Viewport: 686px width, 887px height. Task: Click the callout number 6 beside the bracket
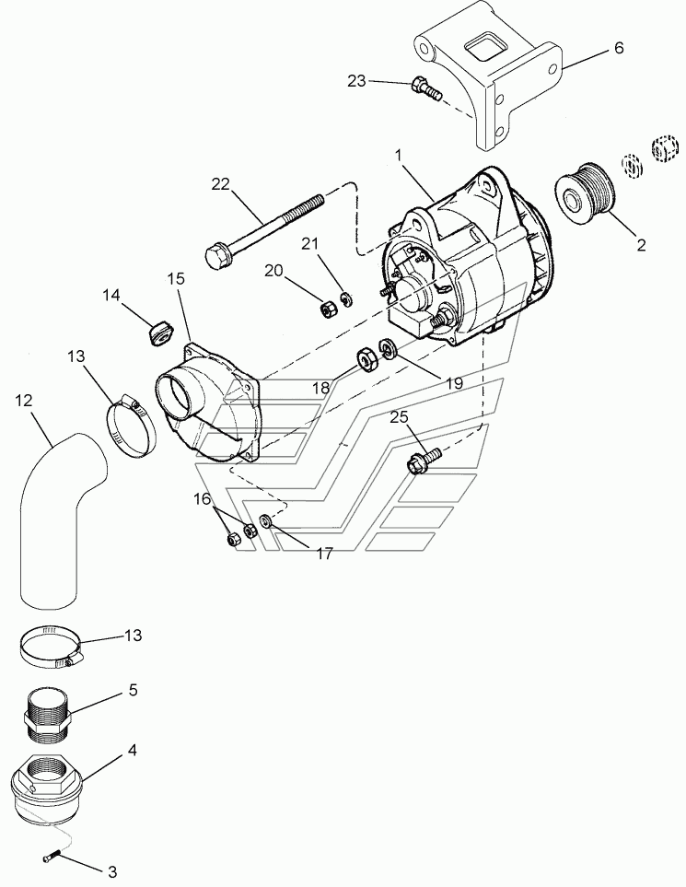coord(619,48)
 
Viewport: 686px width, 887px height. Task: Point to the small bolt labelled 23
coord(427,89)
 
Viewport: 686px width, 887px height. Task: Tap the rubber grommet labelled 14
coord(160,333)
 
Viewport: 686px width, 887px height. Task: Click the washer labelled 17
coord(264,519)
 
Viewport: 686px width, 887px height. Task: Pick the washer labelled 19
coord(388,348)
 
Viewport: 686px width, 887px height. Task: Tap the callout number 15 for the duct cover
coord(176,279)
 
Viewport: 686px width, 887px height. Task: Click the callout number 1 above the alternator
coord(398,155)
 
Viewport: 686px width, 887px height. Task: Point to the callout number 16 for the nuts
coord(202,499)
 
